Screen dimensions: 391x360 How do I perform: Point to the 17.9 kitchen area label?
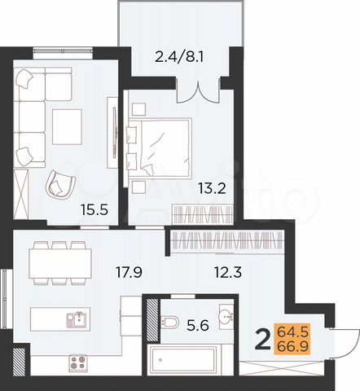[x=127, y=273]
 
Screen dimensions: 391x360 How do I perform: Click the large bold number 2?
[x=264, y=338]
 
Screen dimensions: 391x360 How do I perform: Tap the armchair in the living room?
[x=60, y=183]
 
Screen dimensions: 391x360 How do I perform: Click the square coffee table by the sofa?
[x=68, y=124]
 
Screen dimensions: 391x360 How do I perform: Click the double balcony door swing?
[x=199, y=90]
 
